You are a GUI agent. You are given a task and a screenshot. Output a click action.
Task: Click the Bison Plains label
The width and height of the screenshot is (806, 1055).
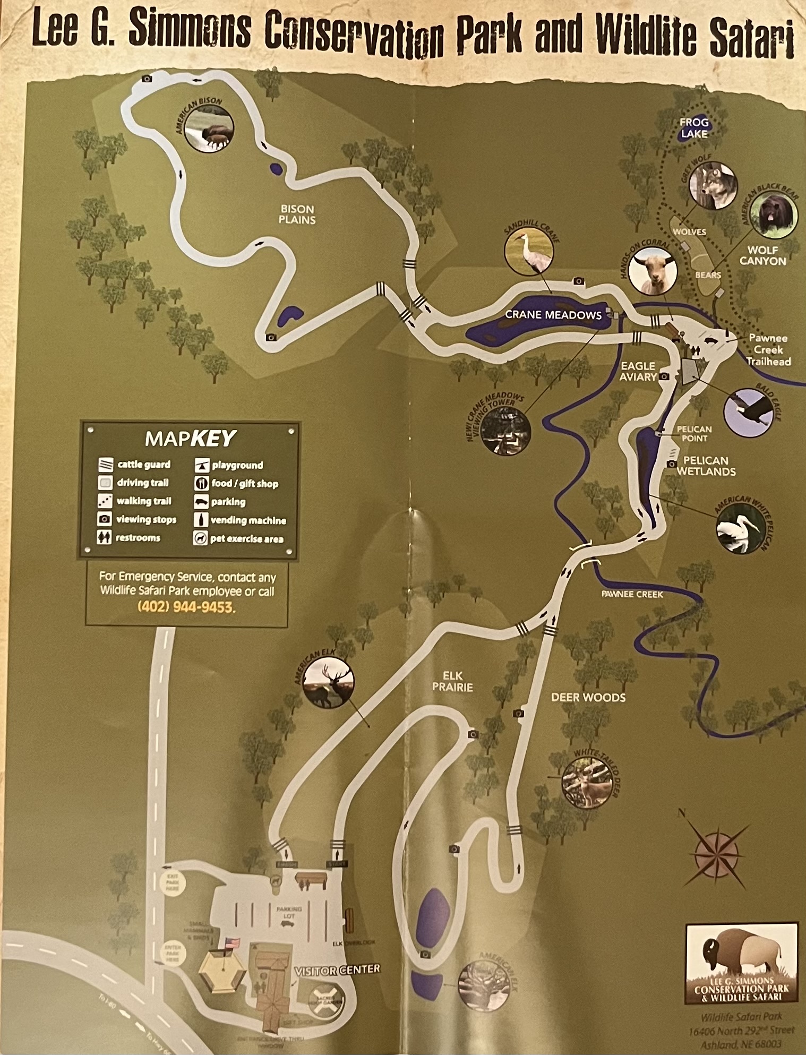(x=297, y=214)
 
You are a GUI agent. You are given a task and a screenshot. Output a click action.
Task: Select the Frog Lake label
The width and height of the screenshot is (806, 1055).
(x=694, y=128)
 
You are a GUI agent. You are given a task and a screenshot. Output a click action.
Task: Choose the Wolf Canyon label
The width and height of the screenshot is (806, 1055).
(x=762, y=255)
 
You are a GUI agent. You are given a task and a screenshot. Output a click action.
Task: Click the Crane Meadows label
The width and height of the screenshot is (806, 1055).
(x=553, y=315)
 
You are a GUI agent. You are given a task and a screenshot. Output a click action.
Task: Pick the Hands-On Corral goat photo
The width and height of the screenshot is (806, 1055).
(x=653, y=271)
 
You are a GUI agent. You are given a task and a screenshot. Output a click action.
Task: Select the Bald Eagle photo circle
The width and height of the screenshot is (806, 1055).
(x=748, y=411)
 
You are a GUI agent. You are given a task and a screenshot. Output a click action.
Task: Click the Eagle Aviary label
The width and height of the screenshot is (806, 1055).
(x=638, y=371)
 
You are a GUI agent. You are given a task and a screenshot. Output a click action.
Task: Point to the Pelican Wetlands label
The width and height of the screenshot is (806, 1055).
(x=706, y=466)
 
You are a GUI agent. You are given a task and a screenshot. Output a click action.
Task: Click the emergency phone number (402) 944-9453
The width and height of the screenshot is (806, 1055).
(x=186, y=606)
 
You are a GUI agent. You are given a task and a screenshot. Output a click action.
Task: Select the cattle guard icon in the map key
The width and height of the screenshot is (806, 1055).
(x=106, y=465)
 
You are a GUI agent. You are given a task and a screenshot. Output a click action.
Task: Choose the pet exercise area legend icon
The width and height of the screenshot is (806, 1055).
(x=200, y=538)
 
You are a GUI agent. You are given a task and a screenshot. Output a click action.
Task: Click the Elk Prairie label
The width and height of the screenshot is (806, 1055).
(x=452, y=681)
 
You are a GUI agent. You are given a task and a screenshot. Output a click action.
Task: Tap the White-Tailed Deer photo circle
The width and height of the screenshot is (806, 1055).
(x=586, y=783)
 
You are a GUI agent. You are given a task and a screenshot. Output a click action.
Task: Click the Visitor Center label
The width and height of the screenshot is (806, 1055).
(x=338, y=969)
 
